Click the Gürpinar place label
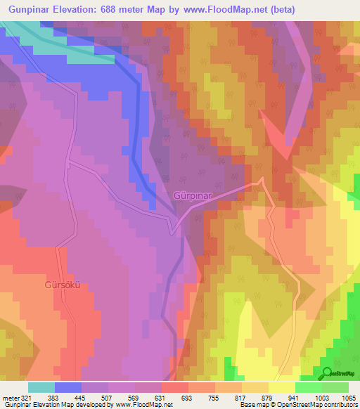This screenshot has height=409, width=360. tap(193, 194)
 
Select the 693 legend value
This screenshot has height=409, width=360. tap(187, 398)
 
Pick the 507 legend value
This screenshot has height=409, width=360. tap(107, 398)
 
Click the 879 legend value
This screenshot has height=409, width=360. tap(267, 398)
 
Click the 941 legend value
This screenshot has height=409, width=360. tap(294, 398)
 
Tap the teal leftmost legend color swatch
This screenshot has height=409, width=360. tap(41, 387)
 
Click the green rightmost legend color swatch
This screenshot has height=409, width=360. tap(335, 387)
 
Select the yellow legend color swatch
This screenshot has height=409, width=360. tap(281, 387)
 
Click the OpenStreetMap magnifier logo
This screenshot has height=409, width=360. tap(326, 373)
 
